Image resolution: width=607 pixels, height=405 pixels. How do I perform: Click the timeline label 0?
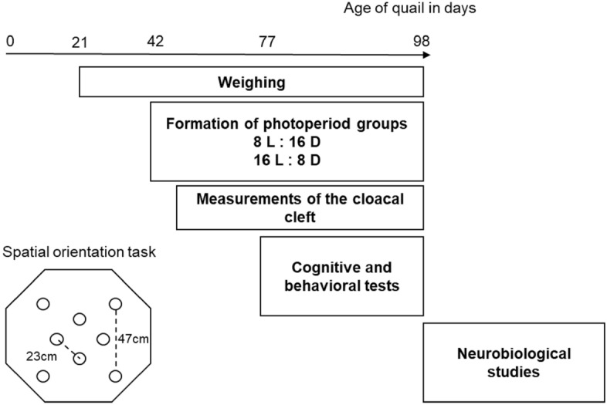coord(8,41)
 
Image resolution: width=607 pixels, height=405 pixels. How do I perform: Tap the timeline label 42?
coord(155,41)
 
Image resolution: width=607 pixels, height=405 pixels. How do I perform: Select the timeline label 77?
coord(266,41)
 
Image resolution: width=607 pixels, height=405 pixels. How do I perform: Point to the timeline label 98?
coord(421,41)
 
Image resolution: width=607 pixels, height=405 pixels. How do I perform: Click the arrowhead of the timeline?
coord(426,56)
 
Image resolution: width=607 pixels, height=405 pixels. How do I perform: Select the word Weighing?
coord(251,82)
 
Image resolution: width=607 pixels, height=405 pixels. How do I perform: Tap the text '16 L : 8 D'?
coord(287,160)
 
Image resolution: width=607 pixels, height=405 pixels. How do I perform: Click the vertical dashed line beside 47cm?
coord(116,339)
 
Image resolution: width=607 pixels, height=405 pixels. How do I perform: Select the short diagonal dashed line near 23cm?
coord(68,348)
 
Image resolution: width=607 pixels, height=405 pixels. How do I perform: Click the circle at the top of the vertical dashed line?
coord(116,304)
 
